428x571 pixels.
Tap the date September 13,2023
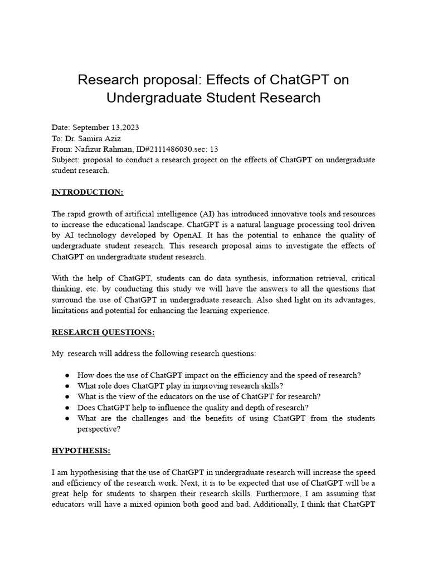coord(106,128)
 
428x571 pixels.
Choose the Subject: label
coord(65,160)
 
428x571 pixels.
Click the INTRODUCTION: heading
coord(87,192)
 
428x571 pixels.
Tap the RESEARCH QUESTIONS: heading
coord(103,332)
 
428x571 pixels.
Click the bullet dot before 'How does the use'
coord(67,375)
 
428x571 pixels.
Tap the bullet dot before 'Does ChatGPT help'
coord(67,408)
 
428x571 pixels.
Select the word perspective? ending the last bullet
coord(99,429)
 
